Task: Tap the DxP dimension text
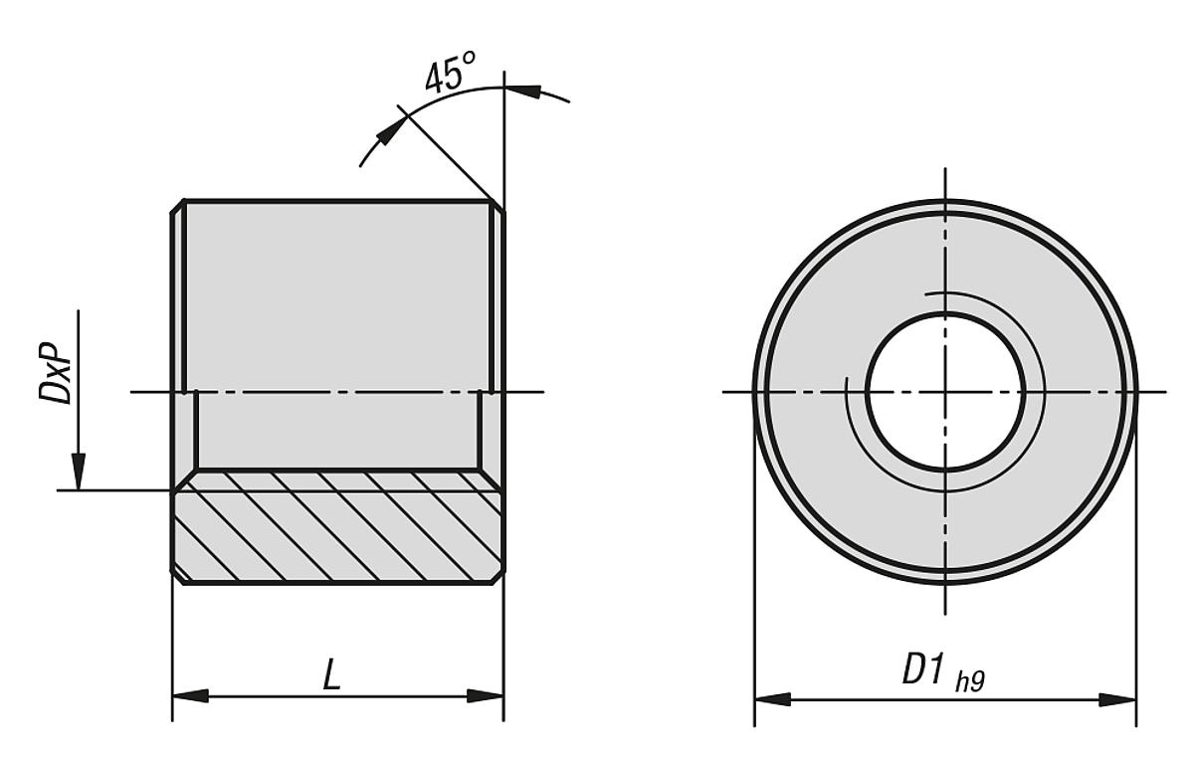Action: (x=56, y=375)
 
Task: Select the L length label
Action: (x=331, y=677)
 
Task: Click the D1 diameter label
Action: (x=922, y=670)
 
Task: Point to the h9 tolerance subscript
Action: (x=970, y=681)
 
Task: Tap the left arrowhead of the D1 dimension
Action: (x=771, y=699)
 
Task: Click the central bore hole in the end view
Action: (x=944, y=391)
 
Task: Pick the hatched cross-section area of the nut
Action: (x=338, y=527)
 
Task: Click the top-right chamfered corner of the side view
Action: (x=497, y=205)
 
